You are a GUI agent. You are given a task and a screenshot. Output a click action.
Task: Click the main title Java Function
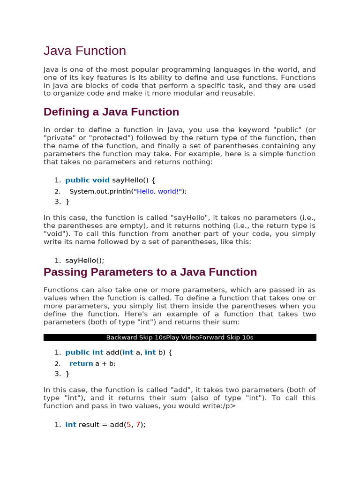point(85,51)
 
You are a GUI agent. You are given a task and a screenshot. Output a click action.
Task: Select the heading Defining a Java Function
point(111,112)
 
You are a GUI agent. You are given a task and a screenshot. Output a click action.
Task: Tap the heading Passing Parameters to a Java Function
point(150,272)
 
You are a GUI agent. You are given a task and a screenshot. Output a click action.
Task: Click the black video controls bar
point(180,337)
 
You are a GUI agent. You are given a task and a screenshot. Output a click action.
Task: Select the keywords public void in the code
point(87,180)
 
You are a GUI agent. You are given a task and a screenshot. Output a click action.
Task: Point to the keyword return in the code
point(81,363)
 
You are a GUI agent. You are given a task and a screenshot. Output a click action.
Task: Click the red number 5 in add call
point(129,425)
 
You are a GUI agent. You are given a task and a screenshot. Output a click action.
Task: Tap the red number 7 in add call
point(138,425)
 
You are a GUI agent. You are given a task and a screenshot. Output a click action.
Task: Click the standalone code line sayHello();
point(85,261)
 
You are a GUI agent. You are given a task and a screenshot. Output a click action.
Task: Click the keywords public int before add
point(84,352)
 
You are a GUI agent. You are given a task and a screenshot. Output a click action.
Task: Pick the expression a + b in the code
point(105,363)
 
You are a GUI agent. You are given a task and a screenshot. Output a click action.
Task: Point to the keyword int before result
point(71,425)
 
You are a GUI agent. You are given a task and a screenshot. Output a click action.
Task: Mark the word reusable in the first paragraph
point(238,93)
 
